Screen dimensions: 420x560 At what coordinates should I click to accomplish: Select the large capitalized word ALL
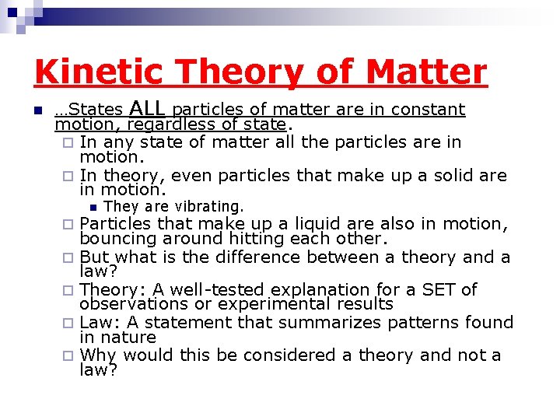coord(149,107)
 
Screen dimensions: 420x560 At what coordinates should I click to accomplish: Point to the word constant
coord(428,110)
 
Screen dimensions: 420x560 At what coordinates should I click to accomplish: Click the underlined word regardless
coord(166,124)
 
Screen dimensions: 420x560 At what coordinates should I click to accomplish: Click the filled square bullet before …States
coord(36,110)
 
